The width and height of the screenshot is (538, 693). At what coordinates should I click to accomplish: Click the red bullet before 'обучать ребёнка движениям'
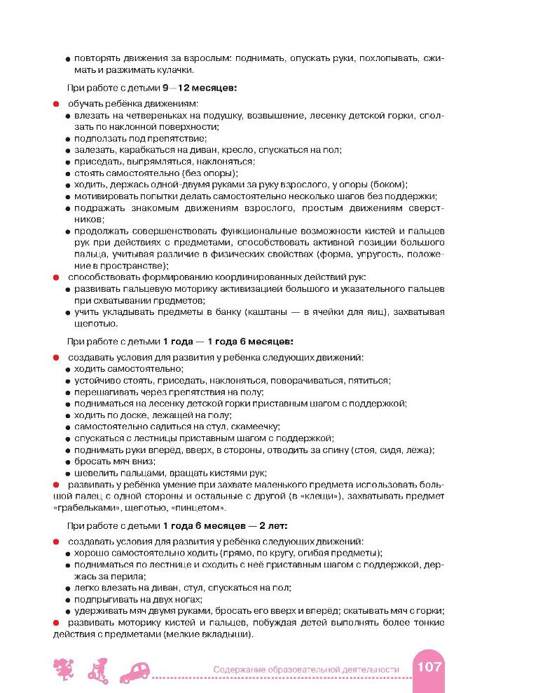click(x=55, y=104)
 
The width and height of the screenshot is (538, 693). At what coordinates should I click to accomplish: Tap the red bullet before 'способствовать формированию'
click(x=55, y=277)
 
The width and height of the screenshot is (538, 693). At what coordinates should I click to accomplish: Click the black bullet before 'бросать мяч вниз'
click(x=69, y=462)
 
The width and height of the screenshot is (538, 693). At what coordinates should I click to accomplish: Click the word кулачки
click(x=172, y=69)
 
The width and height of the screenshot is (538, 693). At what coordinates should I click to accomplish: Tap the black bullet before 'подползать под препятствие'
click(x=69, y=139)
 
